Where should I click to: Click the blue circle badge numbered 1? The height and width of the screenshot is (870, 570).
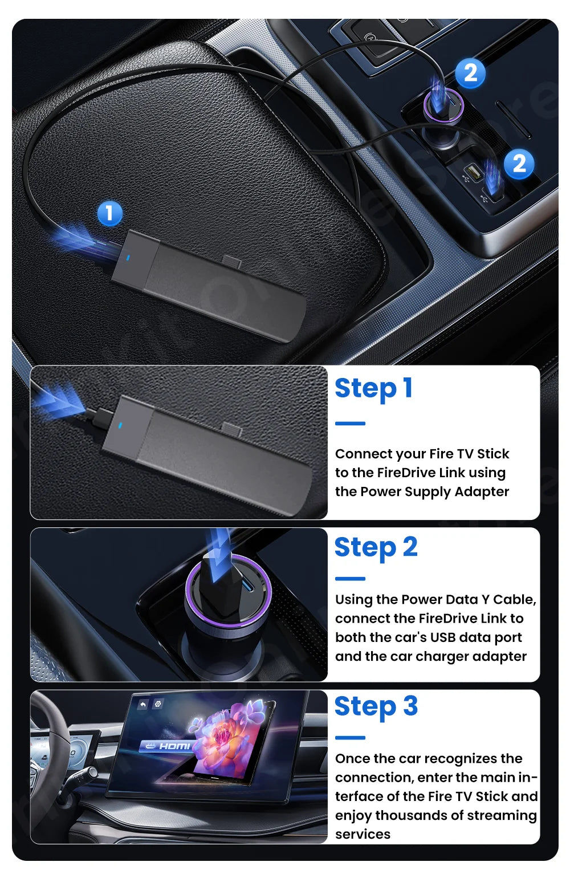click(109, 213)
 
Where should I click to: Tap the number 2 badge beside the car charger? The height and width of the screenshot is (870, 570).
click(470, 73)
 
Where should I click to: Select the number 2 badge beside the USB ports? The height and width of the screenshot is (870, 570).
click(519, 164)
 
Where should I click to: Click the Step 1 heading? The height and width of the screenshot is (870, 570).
click(373, 389)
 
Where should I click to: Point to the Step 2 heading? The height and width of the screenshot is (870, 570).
click(376, 548)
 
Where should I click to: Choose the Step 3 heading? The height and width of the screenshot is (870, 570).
click(376, 707)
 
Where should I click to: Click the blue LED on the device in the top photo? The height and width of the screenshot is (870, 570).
click(128, 258)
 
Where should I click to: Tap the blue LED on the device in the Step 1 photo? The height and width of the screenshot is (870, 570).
click(120, 425)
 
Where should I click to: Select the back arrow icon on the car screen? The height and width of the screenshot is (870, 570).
click(143, 705)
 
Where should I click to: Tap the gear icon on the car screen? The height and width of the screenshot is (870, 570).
click(158, 704)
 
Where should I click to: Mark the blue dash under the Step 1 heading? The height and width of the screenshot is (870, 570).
click(350, 424)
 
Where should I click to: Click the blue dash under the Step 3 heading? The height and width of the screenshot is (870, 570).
click(350, 738)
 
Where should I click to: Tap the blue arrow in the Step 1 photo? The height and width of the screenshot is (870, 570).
click(60, 400)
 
